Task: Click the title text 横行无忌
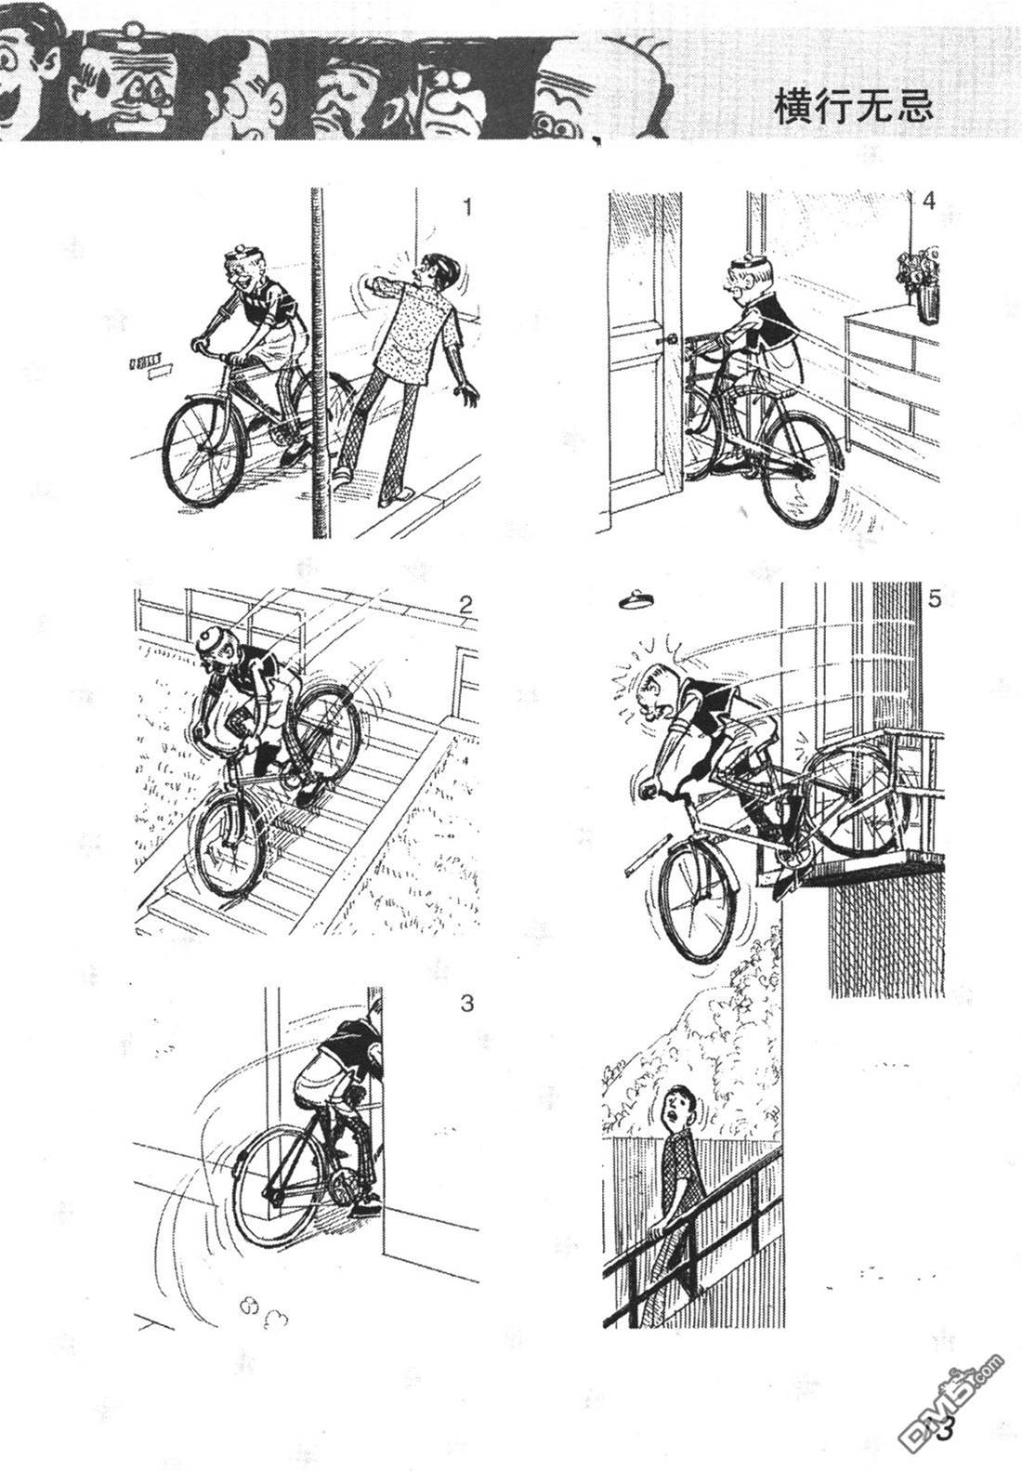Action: tap(854, 106)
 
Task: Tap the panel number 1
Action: tap(467, 207)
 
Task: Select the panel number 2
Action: tap(465, 604)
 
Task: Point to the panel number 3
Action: tap(466, 1004)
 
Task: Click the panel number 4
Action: tap(928, 202)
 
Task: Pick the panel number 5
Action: tap(933, 599)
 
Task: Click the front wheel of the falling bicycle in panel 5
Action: tap(698, 901)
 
